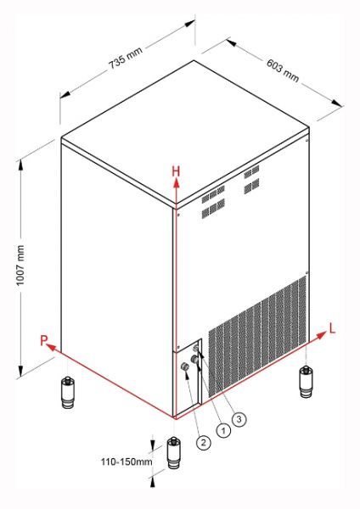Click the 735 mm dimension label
(126, 58)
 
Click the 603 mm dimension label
(283, 70)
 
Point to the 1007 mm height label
(20, 266)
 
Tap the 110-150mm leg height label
(127, 461)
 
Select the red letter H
(176, 171)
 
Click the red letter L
(332, 328)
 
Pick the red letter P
(44, 340)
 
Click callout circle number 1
(223, 430)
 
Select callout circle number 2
(204, 442)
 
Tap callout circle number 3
(239, 419)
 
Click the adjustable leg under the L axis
(305, 381)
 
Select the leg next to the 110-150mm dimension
(174, 453)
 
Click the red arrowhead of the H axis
(177, 184)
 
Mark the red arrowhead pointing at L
(321, 335)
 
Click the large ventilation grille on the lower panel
(257, 336)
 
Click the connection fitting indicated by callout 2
(185, 366)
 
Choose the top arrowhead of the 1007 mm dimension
(20, 165)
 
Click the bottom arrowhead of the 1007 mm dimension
(20, 371)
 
